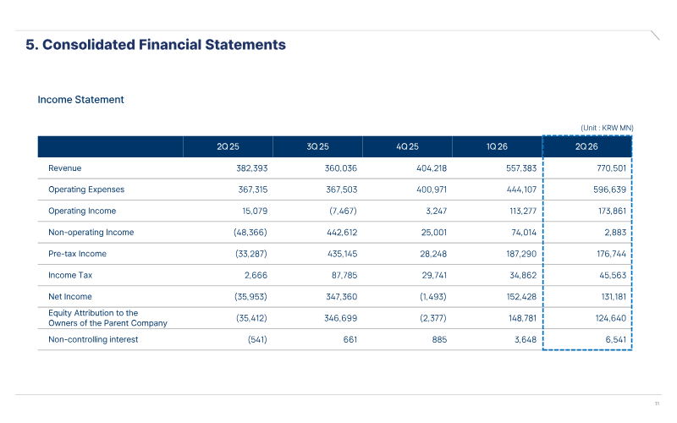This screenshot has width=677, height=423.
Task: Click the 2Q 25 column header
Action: point(228,146)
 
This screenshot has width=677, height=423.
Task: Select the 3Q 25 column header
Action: point(318,146)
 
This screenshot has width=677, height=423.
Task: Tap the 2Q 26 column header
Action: point(586,146)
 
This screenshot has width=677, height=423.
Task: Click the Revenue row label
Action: point(65,168)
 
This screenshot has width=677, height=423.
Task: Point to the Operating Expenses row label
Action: point(86,190)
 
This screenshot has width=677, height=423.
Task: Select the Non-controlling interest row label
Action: point(93,340)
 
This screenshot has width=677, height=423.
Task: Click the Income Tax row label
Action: point(70,276)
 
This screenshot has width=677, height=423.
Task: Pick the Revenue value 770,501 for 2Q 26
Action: point(611,168)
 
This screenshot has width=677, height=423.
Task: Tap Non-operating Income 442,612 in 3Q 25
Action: point(342,233)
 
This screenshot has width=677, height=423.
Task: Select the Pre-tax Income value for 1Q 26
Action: point(521,254)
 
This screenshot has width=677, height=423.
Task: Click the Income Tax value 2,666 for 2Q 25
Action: point(256,276)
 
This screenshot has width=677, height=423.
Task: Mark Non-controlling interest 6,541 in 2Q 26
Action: point(616,340)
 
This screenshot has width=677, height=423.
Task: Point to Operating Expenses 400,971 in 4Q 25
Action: point(432,190)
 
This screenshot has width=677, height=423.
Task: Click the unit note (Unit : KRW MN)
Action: point(607,128)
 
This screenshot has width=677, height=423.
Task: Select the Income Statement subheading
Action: point(80,100)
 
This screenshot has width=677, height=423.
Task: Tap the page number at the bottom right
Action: point(658,404)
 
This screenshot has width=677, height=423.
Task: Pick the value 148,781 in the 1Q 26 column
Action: point(522,319)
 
